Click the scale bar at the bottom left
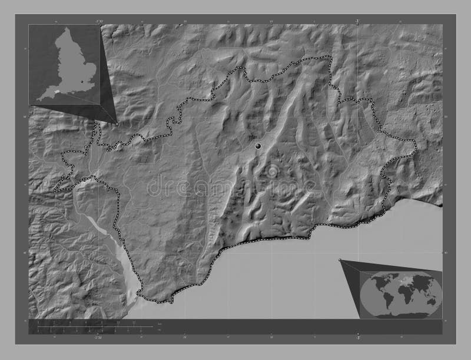[x=88, y=325]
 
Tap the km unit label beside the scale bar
[x=160, y=324]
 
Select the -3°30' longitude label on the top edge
[x=97, y=21]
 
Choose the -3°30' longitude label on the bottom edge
[x=97, y=338]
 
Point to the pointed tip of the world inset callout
[x=340, y=259]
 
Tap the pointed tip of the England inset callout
[x=116, y=123]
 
